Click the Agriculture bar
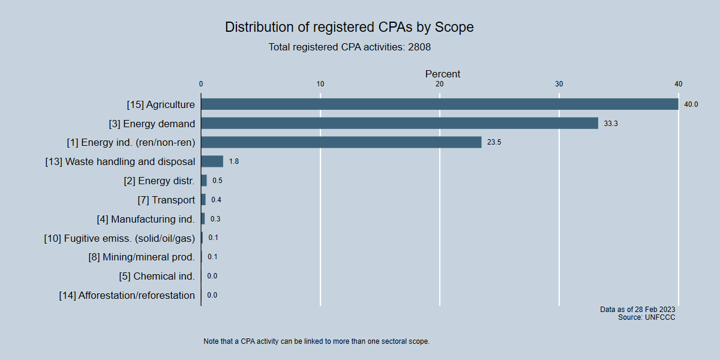(439, 104)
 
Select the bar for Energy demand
(400, 123)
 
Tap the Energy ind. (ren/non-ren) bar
(341, 142)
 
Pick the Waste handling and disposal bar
(212, 161)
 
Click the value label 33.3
(611, 124)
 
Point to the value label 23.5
(494, 143)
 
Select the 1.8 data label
(234, 162)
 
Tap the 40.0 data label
(691, 104)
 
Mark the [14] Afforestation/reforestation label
(127, 295)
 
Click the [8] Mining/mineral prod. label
(142, 257)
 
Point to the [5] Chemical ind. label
(157, 276)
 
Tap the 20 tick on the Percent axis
(439, 84)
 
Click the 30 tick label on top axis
(559, 84)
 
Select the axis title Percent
(443, 74)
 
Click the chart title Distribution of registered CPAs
(349, 27)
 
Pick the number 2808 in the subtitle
(419, 47)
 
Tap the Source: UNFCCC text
(646, 317)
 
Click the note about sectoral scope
(317, 341)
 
